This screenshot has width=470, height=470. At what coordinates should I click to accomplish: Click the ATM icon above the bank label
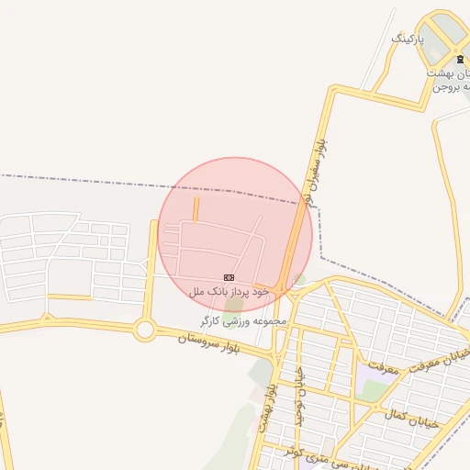click(229, 277)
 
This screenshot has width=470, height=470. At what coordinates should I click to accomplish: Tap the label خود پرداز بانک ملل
click(229, 290)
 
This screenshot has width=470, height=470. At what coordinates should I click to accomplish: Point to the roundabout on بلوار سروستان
click(144, 330)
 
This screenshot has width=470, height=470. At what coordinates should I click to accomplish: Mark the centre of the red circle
click(235, 235)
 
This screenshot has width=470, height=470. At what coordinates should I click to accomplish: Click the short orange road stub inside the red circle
click(196, 209)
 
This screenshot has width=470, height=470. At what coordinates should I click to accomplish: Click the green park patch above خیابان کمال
click(374, 391)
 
